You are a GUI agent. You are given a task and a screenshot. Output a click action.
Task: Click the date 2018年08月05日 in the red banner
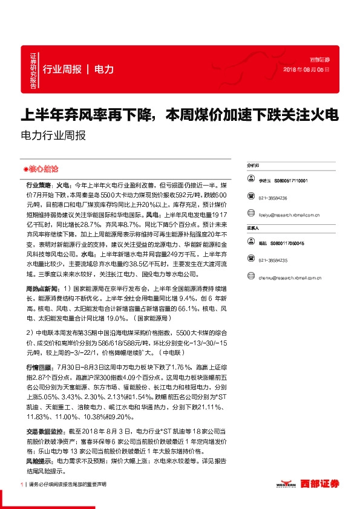pos(306,70)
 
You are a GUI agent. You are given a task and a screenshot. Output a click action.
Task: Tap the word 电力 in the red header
pos(105,70)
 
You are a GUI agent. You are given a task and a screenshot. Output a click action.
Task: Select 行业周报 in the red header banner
pos(62,70)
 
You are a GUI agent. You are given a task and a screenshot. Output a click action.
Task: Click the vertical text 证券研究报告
pos(33,70)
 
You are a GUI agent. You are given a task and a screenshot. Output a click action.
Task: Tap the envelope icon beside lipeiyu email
pos(250,215)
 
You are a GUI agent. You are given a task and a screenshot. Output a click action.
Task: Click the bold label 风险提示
pos(39,461)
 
